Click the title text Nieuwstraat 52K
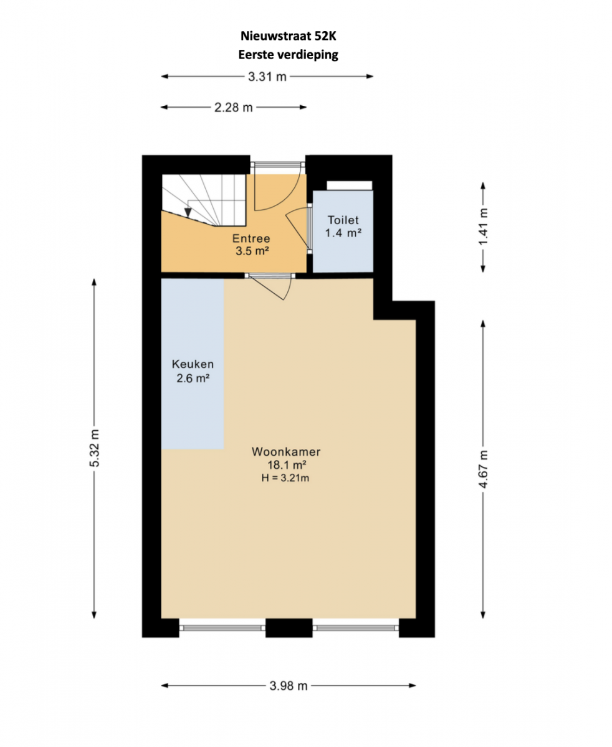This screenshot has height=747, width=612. pyautogui.click(x=289, y=35)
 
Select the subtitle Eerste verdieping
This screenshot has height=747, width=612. pyautogui.click(x=289, y=55)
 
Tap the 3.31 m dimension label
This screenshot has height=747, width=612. pyautogui.click(x=267, y=77)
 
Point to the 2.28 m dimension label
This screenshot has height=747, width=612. pyautogui.click(x=233, y=107)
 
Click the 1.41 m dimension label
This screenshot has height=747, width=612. pyautogui.click(x=483, y=227)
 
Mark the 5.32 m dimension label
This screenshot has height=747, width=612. pyautogui.click(x=94, y=448)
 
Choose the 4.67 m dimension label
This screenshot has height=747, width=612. pyautogui.click(x=483, y=469)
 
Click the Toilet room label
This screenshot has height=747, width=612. pyautogui.click(x=343, y=220)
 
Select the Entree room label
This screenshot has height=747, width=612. pyautogui.click(x=251, y=238)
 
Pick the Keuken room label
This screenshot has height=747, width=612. pyautogui.click(x=193, y=364)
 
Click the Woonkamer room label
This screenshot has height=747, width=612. pyautogui.click(x=286, y=451)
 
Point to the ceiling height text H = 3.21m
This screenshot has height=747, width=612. pyautogui.click(x=285, y=478)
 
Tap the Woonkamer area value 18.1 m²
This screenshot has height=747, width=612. pyautogui.click(x=287, y=465)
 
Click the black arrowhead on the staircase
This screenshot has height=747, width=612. pyautogui.click(x=188, y=212)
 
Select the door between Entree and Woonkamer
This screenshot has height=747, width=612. pyautogui.click(x=270, y=286)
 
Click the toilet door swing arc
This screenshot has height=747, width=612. pyautogui.click(x=297, y=228)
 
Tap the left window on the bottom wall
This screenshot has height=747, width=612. pyautogui.click(x=222, y=627)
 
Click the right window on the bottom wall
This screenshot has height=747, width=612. pyautogui.click(x=356, y=627)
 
